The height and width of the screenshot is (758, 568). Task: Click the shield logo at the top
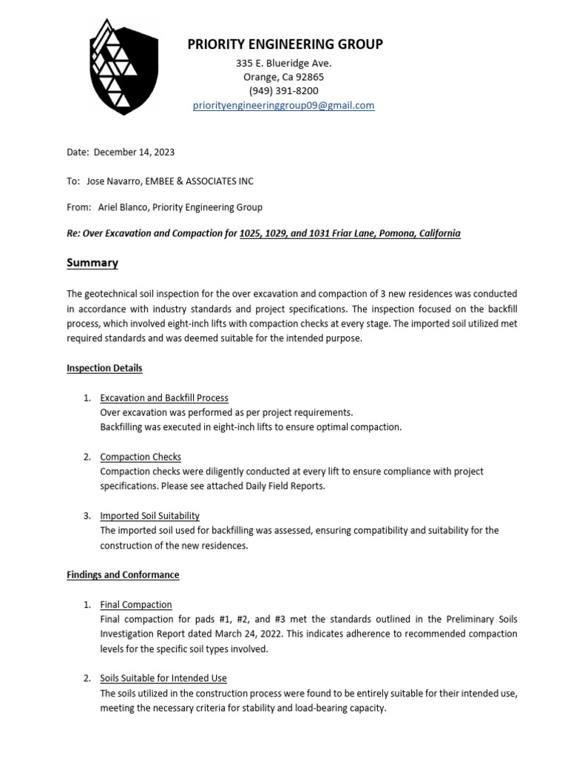124,67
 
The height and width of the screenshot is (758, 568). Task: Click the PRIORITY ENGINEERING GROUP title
285,44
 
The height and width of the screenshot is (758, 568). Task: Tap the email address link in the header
283,106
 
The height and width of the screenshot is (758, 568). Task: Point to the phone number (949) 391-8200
283,91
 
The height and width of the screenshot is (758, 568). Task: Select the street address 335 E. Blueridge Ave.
283,64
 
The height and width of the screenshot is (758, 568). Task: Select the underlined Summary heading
92,263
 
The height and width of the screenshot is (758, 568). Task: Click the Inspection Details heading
104,368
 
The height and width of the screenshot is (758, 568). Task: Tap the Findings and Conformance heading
123,575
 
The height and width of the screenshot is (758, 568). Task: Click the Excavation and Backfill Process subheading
164,398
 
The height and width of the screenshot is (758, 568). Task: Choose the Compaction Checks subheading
141,457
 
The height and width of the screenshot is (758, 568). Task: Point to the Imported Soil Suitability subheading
150,516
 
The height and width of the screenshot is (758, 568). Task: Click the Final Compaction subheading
136,605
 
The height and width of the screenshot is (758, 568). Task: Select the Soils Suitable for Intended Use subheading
163,678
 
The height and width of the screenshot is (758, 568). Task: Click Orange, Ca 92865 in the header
283,77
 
